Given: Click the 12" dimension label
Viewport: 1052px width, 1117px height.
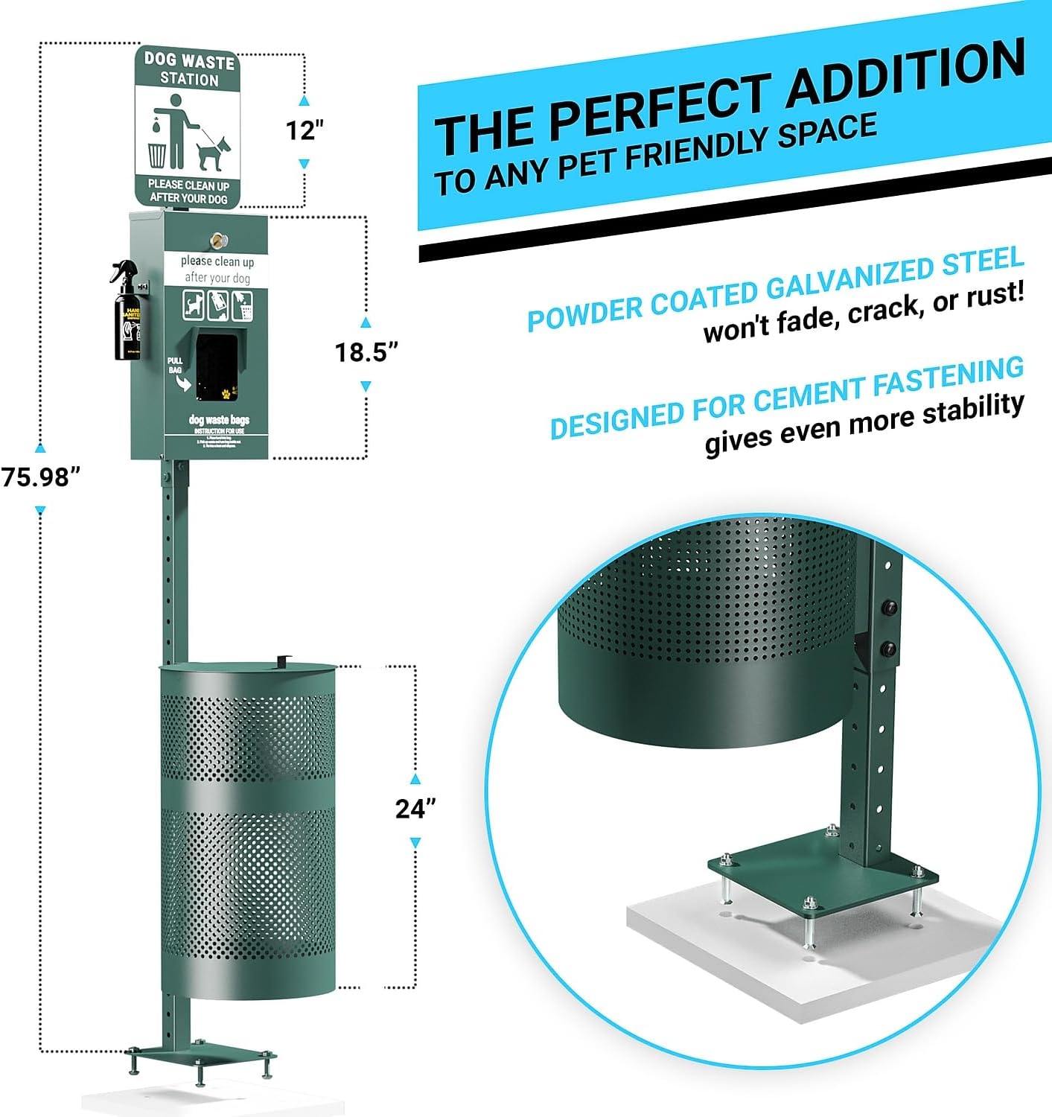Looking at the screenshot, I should click(305, 130).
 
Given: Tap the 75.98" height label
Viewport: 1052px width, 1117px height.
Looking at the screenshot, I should click(40, 477).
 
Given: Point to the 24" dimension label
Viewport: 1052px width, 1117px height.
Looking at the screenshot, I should click(415, 808).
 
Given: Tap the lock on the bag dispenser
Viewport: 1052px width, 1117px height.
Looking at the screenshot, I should click(219, 240).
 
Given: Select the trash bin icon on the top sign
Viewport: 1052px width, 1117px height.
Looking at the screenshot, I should click(157, 154).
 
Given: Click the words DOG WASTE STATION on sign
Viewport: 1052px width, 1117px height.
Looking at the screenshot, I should click(189, 69).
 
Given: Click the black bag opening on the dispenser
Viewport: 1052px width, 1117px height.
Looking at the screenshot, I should click(216, 365).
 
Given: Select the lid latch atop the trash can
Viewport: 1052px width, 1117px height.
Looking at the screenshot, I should click(282, 661).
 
